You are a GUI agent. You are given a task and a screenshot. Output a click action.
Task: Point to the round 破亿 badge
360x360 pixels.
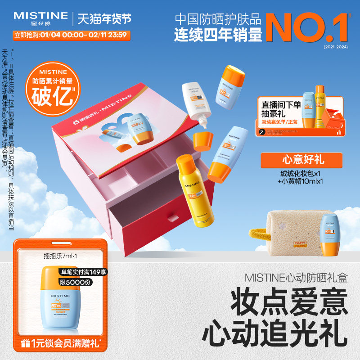[54, 85]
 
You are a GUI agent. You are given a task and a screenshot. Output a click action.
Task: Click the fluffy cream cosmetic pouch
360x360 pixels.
[292, 234]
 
